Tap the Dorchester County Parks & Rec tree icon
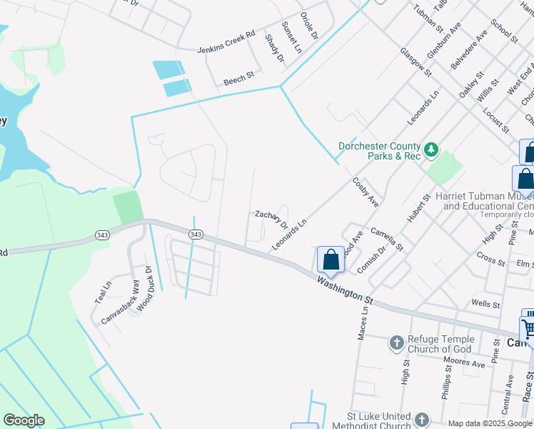[430, 149]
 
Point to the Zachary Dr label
[271, 220]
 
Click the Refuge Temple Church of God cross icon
[396, 344]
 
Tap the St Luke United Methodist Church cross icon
[422, 420]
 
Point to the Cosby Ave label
[366, 192]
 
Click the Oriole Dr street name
[308, 26]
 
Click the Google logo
[24, 420]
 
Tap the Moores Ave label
[464, 363]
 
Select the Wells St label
[485, 305]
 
